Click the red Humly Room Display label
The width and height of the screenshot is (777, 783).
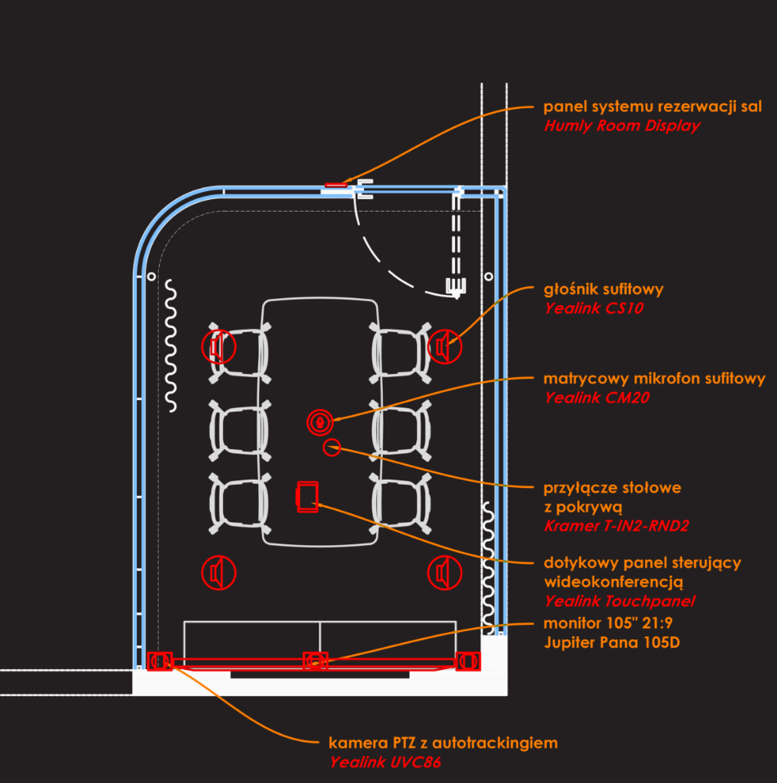[622, 126]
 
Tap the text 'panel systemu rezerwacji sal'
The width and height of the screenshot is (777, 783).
[652, 107]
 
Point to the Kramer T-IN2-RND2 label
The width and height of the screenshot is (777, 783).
[611, 526]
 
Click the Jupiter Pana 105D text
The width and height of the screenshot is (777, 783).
[611, 642]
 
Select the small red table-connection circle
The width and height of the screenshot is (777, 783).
[332, 447]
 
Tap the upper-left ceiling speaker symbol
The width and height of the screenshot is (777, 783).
[218, 347]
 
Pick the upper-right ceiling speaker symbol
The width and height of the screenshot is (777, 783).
[444, 347]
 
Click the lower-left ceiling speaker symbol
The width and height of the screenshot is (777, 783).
[219, 572]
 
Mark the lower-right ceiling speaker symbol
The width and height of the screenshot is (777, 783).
[443, 572]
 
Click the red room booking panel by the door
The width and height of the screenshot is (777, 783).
[336, 185]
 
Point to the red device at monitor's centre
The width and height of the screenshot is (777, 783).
[315, 661]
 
